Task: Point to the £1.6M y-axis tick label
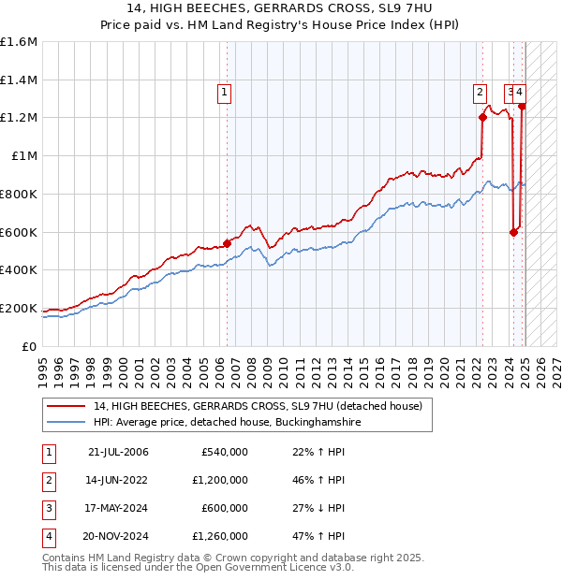point(19,41)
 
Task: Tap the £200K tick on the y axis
point(19,308)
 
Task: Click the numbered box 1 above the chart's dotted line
point(226,92)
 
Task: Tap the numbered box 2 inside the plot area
point(480,92)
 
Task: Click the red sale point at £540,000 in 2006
point(227,242)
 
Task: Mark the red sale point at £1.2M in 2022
point(482,117)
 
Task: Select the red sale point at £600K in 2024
point(513,232)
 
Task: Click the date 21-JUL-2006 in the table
point(119,453)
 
